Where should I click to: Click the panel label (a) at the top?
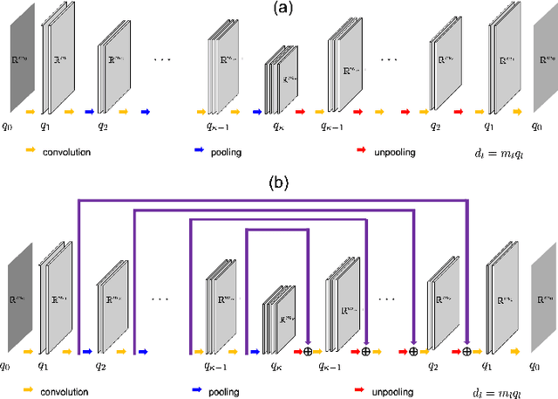click(279, 8)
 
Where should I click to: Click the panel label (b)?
click(279, 184)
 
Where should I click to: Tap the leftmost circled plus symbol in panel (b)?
click(307, 352)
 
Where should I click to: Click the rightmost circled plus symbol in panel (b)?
click(467, 352)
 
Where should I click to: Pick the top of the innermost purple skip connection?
click(276, 230)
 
